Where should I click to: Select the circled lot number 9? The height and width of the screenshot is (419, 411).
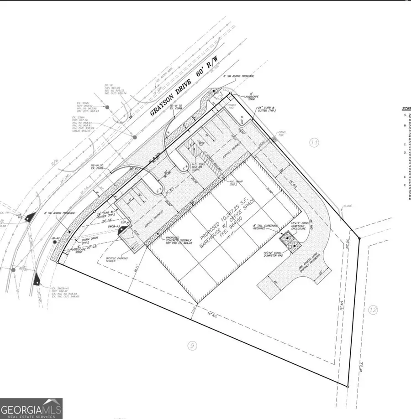pyautogui.click(x=192, y=346)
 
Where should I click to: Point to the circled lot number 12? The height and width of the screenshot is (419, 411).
pyautogui.click(x=373, y=310)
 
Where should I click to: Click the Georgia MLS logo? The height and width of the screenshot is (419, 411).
pyautogui.click(x=31, y=409)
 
